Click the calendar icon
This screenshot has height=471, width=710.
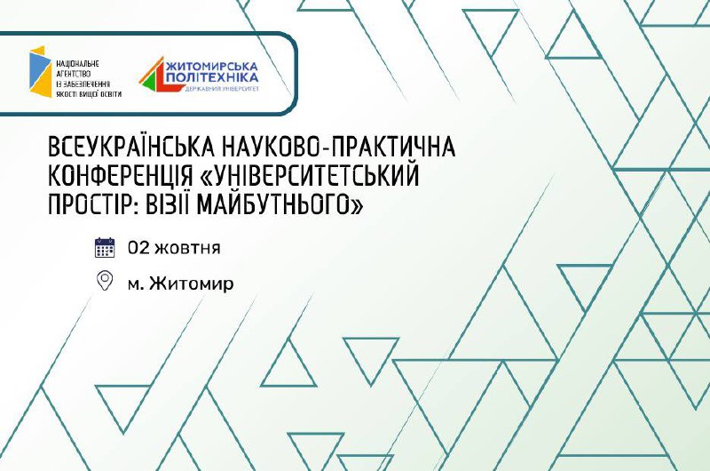coord(105,248)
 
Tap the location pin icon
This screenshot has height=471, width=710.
coord(105,281)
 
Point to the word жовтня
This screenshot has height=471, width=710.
coord(187,249)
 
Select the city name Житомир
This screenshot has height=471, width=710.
coord(191,283)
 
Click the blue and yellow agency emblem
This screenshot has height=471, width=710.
coord(40,72)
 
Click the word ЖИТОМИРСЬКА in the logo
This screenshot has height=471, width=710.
coord(212,67)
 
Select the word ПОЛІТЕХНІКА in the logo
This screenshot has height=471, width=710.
coord(212,78)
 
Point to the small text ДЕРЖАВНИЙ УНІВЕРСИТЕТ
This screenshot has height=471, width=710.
coord(221,89)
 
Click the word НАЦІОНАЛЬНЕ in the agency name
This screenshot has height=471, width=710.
coord(77,63)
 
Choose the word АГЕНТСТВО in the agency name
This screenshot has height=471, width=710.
coord(74,74)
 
